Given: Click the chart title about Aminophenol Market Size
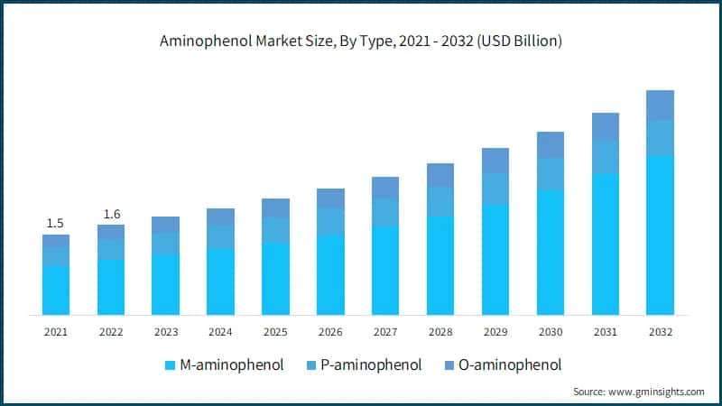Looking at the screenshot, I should click(361, 40).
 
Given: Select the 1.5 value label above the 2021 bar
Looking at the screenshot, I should click(56, 223).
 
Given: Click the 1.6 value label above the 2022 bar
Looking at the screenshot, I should click(111, 214).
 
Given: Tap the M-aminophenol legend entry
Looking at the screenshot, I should click(225, 365).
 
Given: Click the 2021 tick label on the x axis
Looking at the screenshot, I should click(56, 332).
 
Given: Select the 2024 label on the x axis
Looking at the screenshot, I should click(220, 332).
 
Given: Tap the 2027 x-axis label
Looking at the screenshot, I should click(385, 332).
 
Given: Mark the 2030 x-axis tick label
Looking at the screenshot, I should click(551, 332).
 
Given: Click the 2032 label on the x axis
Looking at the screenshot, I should click(660, 332).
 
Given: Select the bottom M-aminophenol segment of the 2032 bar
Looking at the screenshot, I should click(660, 235).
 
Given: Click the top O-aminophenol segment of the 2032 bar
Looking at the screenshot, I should click(660, 105).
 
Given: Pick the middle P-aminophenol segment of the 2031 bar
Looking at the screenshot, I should click(605, 157).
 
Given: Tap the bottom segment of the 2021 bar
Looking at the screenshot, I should click(56, 290).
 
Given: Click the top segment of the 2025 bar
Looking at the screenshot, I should click(275, 208).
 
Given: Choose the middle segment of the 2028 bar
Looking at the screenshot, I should click(440, 201).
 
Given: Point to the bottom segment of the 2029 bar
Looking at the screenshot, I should click(495, 260).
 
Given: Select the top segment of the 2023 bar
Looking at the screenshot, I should click(165, 225).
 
